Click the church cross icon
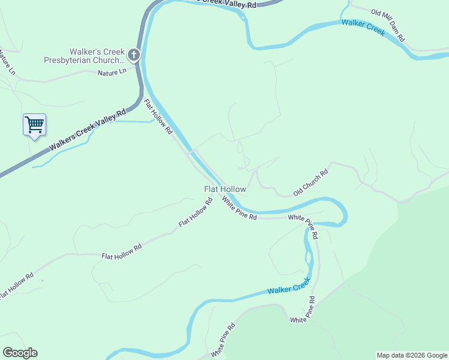pyautogui.click(x=133, y=56)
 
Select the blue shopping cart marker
pyautogui.click(x=35, y=125)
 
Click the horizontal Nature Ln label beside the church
pyautogui.click(x=112, y=72)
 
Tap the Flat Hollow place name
pyautogui.click(x=225, y=189)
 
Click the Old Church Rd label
pyautogui.click(x=310, y=182)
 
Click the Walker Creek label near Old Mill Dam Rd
pyautogui.click(x=363, y=28)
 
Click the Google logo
pyautogui.click(x=20, y=352)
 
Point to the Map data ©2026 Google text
pyautogui.click(x=412, y=355)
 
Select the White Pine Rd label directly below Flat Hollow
pyautogui.click(x=239, y=208)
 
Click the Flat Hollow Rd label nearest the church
pyautogui.click(x=158, y=117)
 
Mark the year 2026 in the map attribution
pyautogui.click(x=417, y=355)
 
